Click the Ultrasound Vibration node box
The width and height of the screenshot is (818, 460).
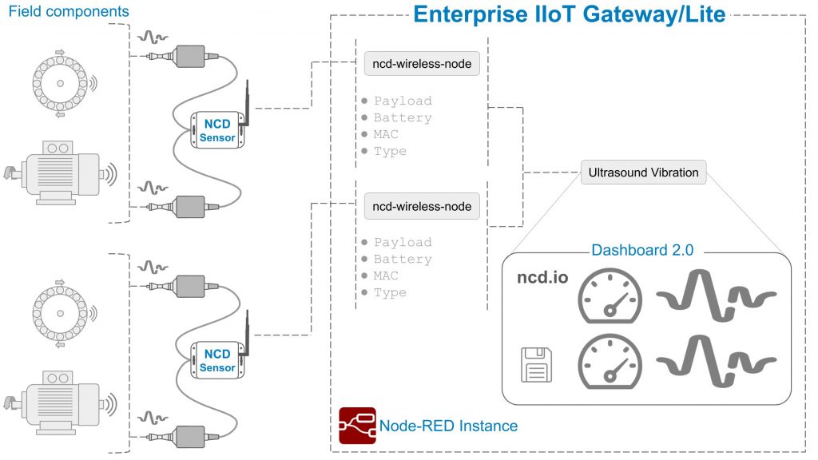643,172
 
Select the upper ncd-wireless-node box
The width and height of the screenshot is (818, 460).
422,65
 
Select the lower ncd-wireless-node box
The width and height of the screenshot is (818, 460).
422,206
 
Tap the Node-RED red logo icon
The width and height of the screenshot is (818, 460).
357,426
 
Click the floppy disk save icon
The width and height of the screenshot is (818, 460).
536,365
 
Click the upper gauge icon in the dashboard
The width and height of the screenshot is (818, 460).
610,295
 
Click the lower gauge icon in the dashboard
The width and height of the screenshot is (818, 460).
610,361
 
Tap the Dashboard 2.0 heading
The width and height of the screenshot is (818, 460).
642,250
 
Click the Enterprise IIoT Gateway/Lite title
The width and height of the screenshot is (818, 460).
569,14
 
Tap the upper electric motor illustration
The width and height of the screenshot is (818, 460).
62,172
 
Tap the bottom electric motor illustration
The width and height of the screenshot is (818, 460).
62,402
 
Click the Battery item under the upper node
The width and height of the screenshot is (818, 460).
402,118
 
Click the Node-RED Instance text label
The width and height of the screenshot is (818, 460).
448,426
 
